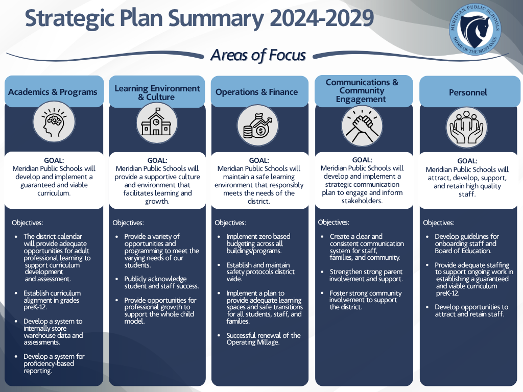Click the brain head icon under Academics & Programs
(x=54, y=122)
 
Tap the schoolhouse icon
(x=156, y=123)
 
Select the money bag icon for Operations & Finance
(x=258, y=126)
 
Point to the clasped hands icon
(x=362, y=126)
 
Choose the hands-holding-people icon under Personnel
(x=467, y=127)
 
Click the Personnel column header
(x=468, y=92)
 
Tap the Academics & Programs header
(x=53, y=92)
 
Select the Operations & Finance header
(x=256, y=92)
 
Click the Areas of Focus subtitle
(x=258, y=55)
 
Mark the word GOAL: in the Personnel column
(x=467, y=161)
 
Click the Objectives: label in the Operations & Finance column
(x=230, y=223)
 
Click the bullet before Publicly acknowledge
(x=116, y=279)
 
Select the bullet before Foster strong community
(x=322, y=293)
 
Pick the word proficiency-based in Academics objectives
(x=49, y=363)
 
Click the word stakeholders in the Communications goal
(x=362, y=201)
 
